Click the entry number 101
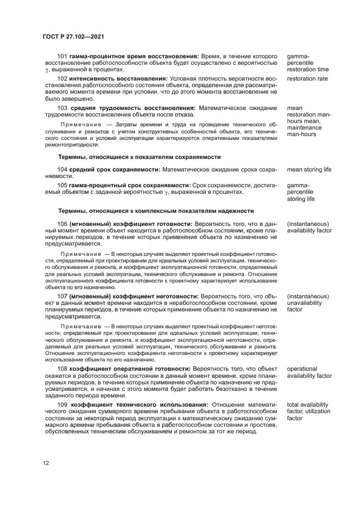pyautogui.click(x=63, y=56)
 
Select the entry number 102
pyautogui.click(x=63, y=78)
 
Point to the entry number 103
pyautogui.click(x=63, y=108)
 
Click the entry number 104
pyautogui.click(x=63, y=169)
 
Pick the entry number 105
pyautogui.click(x=63, y=185)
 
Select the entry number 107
pyautogui.click(x=63, y=296)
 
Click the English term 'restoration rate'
pyautogui.click(x=307, y=78)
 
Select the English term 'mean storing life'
pyautogui.click(x=309, y=169)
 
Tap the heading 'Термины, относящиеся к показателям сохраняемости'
pyautogui.click(x=139, y=156)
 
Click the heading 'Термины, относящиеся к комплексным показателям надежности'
pyautogui.click(x=155, y=210)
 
